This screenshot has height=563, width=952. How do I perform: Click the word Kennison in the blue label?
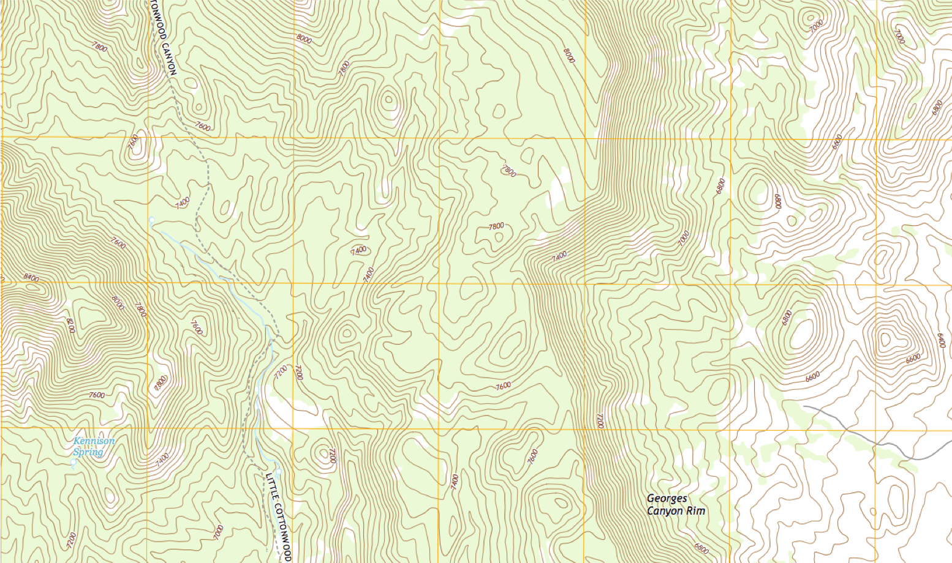pyautogui.click(x=94, y=441)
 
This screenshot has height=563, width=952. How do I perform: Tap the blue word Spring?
pyautogui.click(x=88, y=452)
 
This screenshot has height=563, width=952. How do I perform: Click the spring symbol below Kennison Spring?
pyautogui.click(x=74, y=463)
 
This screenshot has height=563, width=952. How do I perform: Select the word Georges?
pyautogui.click(x=667, y=499)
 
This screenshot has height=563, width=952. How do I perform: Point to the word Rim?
pyautogui.click(x=696, y=511)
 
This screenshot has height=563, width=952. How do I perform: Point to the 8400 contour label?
pyautogui.click(x=31, y=278)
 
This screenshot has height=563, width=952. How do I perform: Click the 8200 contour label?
pyautogui.click(x=70, y=325)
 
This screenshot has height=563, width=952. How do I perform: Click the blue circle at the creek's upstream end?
pyautogui.click(x=151, y=219)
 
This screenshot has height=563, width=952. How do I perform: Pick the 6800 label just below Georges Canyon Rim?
pyautogui.click(x=702, y=548)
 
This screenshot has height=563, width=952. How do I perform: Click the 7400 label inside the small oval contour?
pyautogui.click(x=358, y=250)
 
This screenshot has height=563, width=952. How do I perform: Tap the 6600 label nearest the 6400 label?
pyautogui.click(x=913, y=359)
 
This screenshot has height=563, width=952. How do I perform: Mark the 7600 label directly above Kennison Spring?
pyautogui.click(x=97, y=395)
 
